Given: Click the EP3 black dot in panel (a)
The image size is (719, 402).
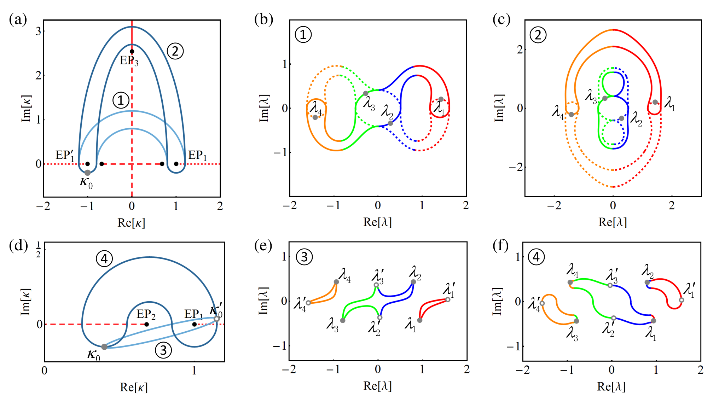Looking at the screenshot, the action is (132, 52).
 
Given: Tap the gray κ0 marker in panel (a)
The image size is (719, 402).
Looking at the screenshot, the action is (87, 173).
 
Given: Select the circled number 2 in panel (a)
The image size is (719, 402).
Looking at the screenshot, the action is (175, 51).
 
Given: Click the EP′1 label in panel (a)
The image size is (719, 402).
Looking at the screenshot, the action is (65, 156).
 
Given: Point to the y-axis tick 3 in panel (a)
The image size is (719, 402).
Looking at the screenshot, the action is (38, 31).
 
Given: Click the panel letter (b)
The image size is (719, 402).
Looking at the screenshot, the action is (264, 19).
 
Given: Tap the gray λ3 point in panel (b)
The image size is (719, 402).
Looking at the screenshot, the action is (366, 94).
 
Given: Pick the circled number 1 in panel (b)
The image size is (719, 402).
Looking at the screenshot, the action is (303, 35).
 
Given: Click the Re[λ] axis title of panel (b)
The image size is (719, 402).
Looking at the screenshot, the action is (377, 222).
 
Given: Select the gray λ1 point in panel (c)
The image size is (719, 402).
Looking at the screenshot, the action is (655, 102).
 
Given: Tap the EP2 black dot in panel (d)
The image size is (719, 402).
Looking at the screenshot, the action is (147, 324).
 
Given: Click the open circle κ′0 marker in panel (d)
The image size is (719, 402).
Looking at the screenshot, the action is (217, 319).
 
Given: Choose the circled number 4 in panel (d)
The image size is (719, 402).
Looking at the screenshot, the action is (104, 259).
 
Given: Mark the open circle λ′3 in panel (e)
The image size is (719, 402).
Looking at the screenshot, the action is (376, 285).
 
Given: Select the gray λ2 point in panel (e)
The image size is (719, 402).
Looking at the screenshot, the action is (413, 282).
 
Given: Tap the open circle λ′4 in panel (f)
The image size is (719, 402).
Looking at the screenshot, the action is (542, 303).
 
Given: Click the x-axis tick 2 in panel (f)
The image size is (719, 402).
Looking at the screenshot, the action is (701, 370).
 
